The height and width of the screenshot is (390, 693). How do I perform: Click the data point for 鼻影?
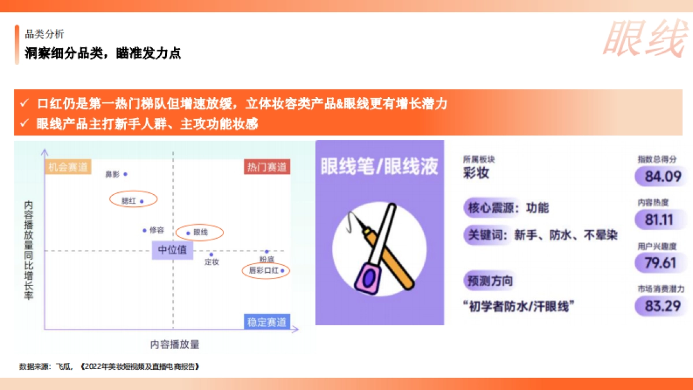(125, 174)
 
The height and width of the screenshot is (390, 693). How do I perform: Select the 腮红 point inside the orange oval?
(141, 201)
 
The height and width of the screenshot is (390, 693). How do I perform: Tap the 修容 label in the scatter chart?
(157, 230)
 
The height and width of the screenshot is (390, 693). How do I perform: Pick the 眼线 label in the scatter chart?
(200, 232)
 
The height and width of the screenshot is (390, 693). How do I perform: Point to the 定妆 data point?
(211, 254)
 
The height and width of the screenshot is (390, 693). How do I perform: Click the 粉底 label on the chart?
(266, 259)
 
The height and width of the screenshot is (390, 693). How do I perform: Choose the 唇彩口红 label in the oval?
(263, 270)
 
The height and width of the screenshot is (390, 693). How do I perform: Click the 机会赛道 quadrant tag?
(68, 168)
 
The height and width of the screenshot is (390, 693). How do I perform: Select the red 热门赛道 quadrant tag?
(267, 168)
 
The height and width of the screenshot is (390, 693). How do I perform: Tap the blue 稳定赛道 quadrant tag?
(267, 322)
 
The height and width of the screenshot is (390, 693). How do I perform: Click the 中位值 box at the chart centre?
(173, 250)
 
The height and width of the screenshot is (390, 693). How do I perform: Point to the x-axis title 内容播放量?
(174, 344)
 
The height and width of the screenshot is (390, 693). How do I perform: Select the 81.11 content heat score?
(659, 220)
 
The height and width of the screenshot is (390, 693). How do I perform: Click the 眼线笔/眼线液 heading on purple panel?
(379, 167)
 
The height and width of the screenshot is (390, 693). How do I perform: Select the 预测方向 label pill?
(488, 281)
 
